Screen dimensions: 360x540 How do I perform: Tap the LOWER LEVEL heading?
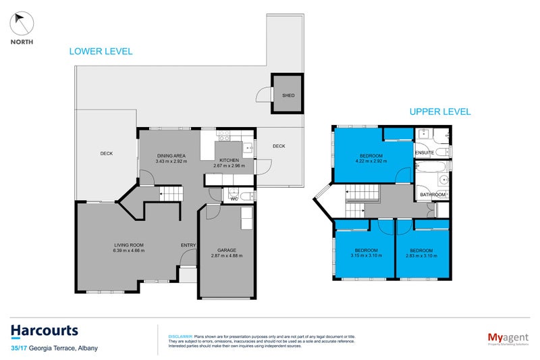coord(101,51)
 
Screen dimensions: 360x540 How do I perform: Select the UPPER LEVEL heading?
coord(439,112)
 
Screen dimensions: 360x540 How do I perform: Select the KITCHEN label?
coord(229,159)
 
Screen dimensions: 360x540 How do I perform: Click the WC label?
coord(234,199)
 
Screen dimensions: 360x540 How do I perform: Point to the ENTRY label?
coord(188,245)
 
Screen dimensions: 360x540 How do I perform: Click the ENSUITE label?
coord(425,153)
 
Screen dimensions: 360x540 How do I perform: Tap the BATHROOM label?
coord(433,195)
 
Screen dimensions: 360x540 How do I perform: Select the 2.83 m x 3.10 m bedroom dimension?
coord(423,256)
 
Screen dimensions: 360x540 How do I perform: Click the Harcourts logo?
coord(45,330)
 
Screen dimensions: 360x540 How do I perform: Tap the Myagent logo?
coord(506,337)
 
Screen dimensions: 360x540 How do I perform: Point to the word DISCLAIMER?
coord(180,336)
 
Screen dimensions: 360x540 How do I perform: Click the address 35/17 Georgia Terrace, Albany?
coord(54,348)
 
